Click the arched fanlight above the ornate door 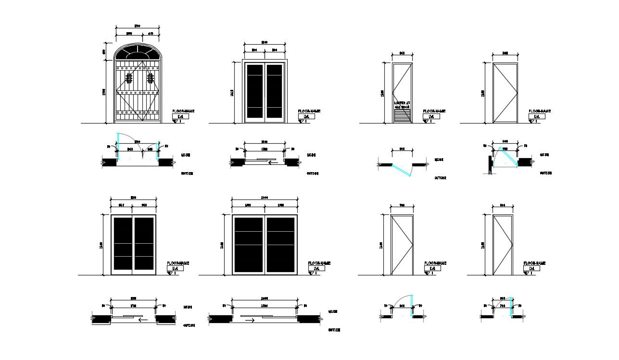tap(137, 52)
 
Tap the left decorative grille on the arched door tap(128, 78)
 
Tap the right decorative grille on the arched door tap(151, 78)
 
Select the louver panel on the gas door tap(402, 115)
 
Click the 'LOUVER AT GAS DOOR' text tap(402, 104)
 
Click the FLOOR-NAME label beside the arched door tap(183, 111)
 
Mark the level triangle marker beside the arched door tap(175, 122)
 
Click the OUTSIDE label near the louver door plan tap(440, 178)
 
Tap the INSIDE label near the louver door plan tap(439, 160)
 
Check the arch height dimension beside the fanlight tap(103, 51)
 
